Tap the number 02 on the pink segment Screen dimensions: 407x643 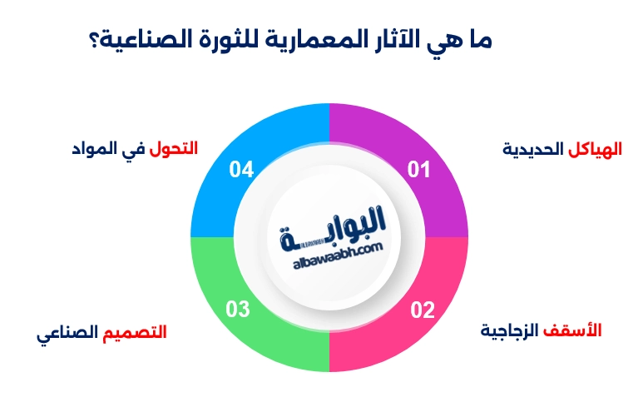(423, 310)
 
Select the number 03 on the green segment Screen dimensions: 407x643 (238, 310)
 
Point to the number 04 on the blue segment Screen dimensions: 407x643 (241, 170)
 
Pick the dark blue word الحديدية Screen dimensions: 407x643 (533, 150)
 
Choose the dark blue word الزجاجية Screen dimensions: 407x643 (510, 330)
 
